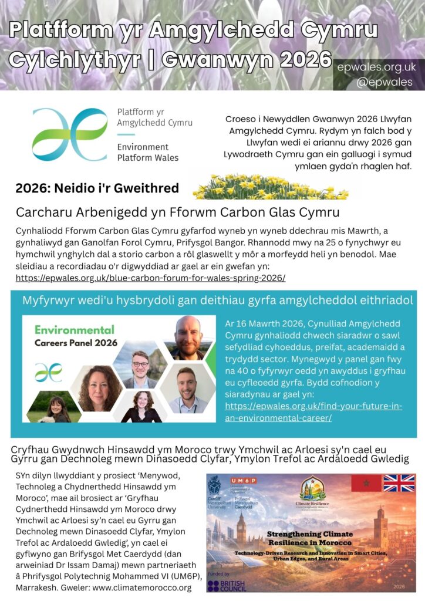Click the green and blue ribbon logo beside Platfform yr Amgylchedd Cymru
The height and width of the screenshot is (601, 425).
click(x=62, y=134)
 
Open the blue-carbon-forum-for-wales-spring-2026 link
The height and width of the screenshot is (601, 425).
click(x=151, y=278)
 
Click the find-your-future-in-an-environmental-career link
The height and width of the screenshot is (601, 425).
click(x=313, y=412)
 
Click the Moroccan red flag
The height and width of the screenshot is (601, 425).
click(x=366, y=483)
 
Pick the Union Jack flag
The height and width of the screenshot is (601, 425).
click(x=399, y=483)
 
